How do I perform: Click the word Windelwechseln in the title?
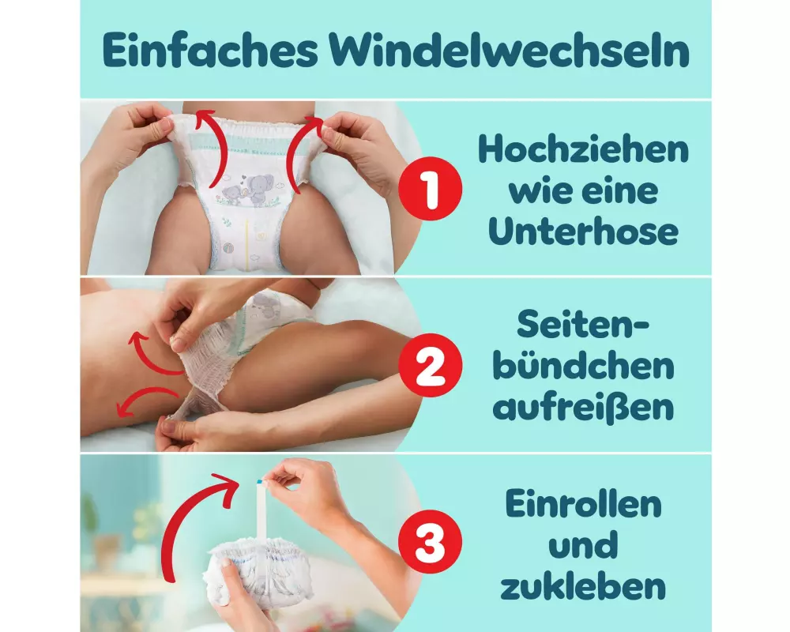tap(510, 51)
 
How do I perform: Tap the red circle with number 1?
tap(430, 189)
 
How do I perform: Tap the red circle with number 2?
tap(430, 365)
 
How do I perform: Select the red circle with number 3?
tap(430, 541)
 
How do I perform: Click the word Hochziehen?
tap(583, 149)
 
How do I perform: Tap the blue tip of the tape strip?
tap(260, 483)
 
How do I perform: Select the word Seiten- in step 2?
tap(583, 325)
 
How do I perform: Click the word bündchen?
tap(583, 366)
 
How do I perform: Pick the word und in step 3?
tap(583, 545)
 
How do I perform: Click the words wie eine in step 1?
tap(583, 191)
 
